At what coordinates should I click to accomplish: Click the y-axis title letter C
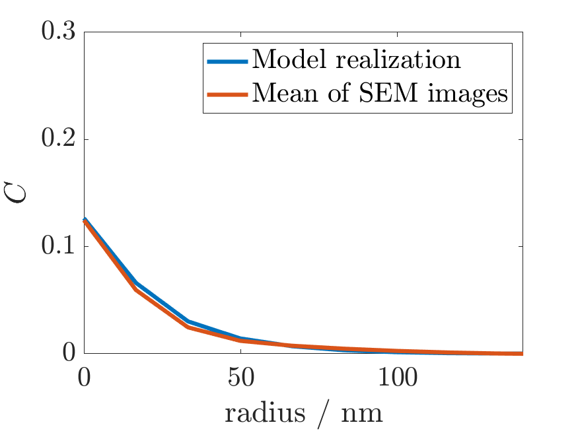(22, 192)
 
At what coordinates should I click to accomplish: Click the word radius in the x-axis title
(265, 413)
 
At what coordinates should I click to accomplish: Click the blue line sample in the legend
(227, 61)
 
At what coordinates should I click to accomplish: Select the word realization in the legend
(392, 60)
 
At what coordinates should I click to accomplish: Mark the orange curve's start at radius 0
(85, 220)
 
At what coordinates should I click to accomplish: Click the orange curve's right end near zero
(521, 353)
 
